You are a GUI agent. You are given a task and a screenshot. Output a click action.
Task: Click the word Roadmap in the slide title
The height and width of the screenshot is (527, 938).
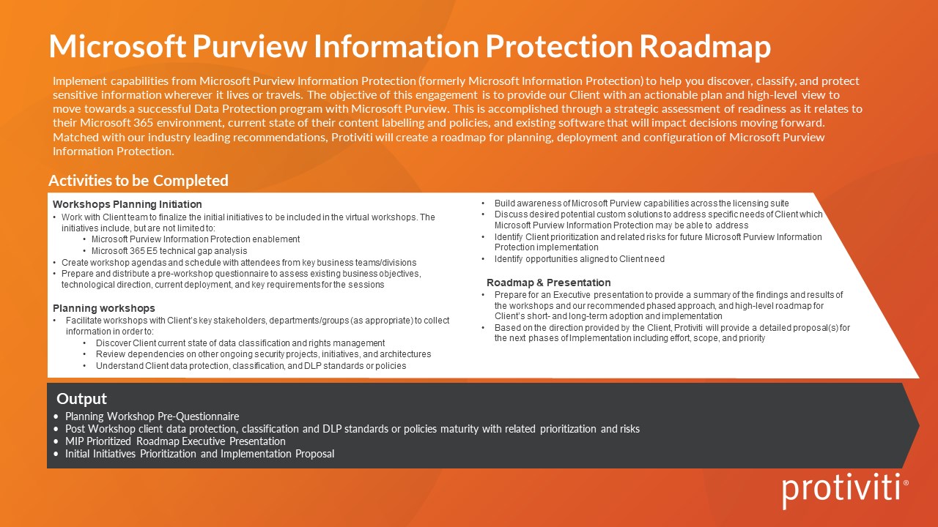click(x=705, y=47)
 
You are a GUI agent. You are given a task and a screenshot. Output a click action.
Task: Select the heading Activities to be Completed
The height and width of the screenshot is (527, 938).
click(x=139, y=181)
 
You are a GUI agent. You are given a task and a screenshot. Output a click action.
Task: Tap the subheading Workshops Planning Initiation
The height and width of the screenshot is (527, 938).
click(x=128, y=204)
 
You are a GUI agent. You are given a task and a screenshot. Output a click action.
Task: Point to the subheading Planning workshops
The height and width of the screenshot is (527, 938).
click(x=104, y=308)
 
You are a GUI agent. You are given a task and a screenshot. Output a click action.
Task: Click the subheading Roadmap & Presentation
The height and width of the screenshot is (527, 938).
click(x=549, y=283)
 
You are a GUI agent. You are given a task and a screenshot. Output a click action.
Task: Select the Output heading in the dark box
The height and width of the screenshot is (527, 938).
click(x=82, y=399)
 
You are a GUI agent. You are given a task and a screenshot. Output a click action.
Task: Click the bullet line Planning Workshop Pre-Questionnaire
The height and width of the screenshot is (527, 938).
click(x=152, y=416)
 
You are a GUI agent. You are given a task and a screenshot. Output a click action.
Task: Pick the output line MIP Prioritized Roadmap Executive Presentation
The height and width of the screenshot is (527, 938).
click(x=175, y=441)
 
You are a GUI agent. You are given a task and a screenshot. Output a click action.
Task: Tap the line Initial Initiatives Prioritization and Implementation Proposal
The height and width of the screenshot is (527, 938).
click(x=199, y=454)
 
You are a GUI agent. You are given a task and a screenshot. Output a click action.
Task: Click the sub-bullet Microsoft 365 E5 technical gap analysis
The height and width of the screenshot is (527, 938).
click(x=169, y=251)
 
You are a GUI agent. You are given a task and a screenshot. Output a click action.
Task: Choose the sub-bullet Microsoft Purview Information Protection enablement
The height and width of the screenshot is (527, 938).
click(x=196, y=239)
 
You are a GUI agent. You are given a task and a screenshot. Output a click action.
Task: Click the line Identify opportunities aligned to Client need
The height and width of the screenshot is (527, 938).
click(x=579, y=259)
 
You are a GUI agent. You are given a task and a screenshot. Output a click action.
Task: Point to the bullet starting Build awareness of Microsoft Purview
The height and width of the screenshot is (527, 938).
click(x=641, y=203)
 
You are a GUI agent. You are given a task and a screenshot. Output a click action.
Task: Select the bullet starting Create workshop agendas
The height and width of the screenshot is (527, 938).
click(x=239, y=262)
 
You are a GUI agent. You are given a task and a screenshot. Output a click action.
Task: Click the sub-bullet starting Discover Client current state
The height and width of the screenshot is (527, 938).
click(x=240, y=343)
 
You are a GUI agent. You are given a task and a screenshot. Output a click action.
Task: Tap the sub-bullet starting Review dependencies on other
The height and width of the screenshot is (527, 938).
click(x=263, y=354)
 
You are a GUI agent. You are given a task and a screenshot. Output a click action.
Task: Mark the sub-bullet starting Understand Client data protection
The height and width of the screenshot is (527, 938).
click(x=251, y=365)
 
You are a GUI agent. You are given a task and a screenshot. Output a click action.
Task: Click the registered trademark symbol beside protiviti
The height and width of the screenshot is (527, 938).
click(x=906, y=483)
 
